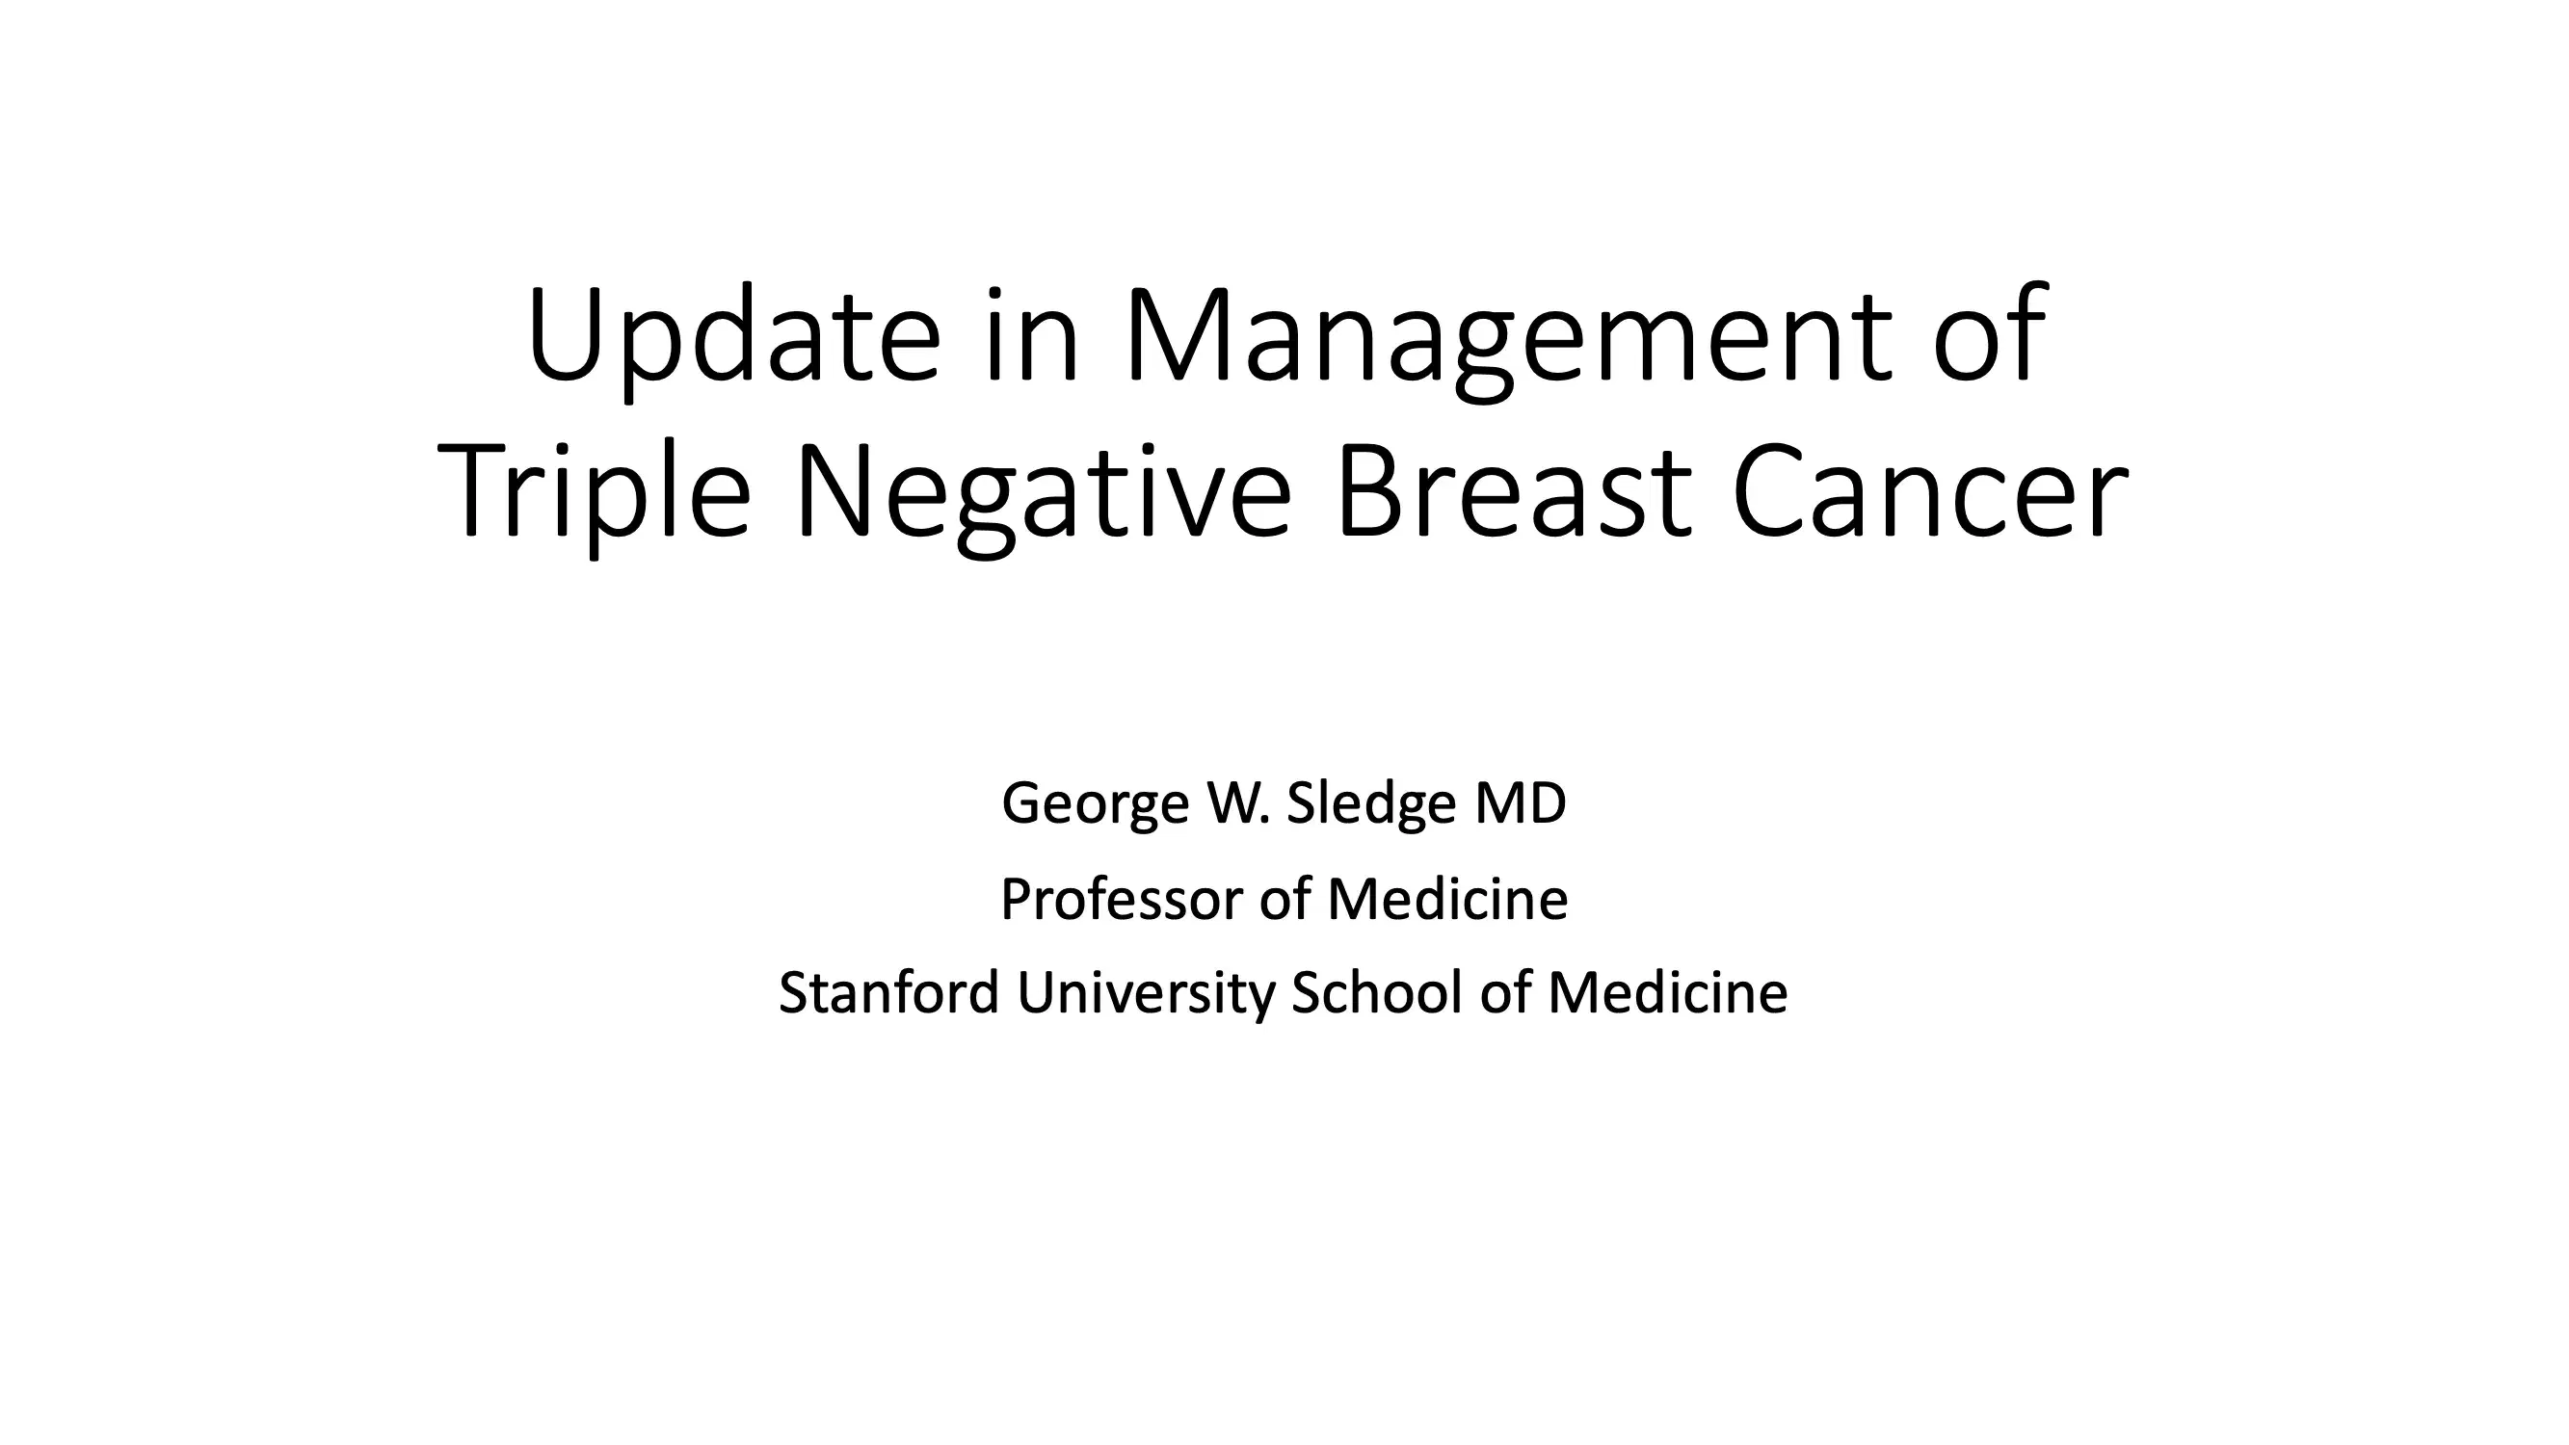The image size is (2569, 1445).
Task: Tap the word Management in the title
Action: pyautogui.click(x=1507, y=336)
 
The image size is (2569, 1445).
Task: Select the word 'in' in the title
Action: pyautogui.click(x=1031, y=336)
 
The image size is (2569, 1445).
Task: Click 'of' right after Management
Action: pyautogui.click(x=1991, y=336)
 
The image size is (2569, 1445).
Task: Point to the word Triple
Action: pyautogui.click(x=594, y=494)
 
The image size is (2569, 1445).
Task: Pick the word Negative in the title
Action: pyautogui.click(x=1043, y=494)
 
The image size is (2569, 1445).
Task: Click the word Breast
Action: pyautogui.click(x=1513, y=494)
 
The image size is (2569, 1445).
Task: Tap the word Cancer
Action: pyautogui.click(x=1931, y=494)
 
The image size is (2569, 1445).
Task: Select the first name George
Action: pyautogui.click(x=1095, y=803)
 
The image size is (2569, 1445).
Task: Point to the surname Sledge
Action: pyautogui.click(x=1371, y=803)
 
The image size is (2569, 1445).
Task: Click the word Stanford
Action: pyautogui.click(x=888, y=993)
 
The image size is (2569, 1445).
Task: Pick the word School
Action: pyautogui.click(x=1376, y=993)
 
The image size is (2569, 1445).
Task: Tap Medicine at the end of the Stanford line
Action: pyautogui.click(x=1667, y=993)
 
